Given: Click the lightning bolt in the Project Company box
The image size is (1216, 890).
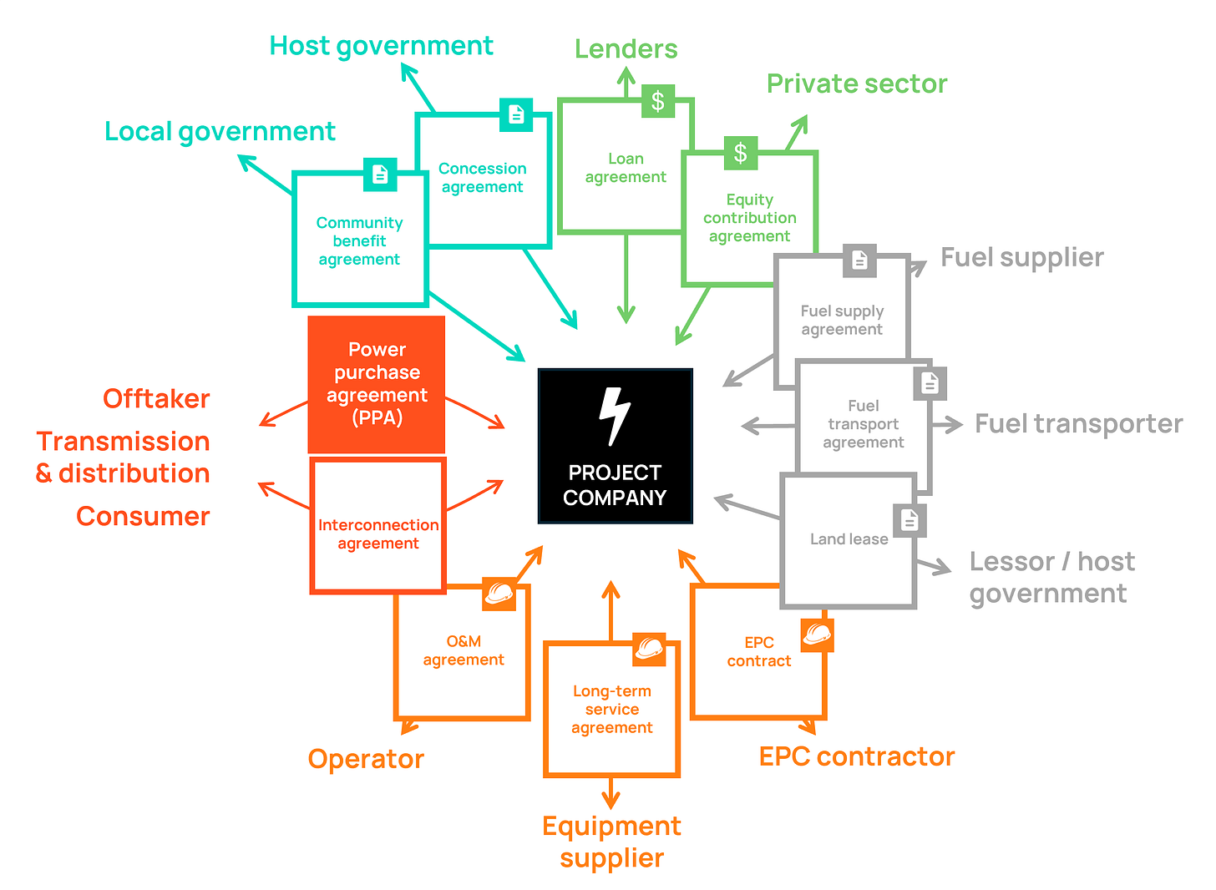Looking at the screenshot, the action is tap(614, 417).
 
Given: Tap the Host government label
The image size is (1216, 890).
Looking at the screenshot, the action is tap(381, 47).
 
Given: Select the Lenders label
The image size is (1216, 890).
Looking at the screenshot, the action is tap(626, 48).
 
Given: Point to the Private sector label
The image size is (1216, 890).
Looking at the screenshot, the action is tap(857, 84).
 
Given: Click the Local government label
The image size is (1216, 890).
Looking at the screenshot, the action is tap(220, 133).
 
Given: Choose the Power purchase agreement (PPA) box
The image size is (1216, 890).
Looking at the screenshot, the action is tap(376, 384).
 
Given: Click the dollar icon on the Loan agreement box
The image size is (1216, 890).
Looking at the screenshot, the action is tap(658, 101).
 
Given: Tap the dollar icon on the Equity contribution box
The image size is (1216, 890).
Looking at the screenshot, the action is tap(741, 153).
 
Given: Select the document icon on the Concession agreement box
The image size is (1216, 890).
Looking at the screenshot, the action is tap(516, 114).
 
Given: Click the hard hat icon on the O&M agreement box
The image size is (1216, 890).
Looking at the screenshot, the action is tap(499, 594).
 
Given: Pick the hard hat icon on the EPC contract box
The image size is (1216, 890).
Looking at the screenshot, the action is tap(818, 635).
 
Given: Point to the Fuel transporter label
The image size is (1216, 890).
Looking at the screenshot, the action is tap(1079, 424).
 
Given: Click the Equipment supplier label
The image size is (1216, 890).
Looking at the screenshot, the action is tap(612, 842).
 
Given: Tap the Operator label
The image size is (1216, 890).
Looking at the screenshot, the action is tap(366, 759).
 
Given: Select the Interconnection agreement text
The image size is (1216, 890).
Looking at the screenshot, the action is tap(378, 534).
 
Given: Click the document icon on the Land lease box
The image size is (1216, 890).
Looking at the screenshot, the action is tap(909, 521).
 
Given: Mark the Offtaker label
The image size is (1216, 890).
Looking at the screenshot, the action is tap(156, 399).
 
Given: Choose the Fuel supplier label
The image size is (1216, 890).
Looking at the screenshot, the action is tap(1022, 257).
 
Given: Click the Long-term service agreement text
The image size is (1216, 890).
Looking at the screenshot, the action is tap(612, 710).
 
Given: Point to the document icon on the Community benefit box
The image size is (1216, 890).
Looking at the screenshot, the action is tap(380, 174).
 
